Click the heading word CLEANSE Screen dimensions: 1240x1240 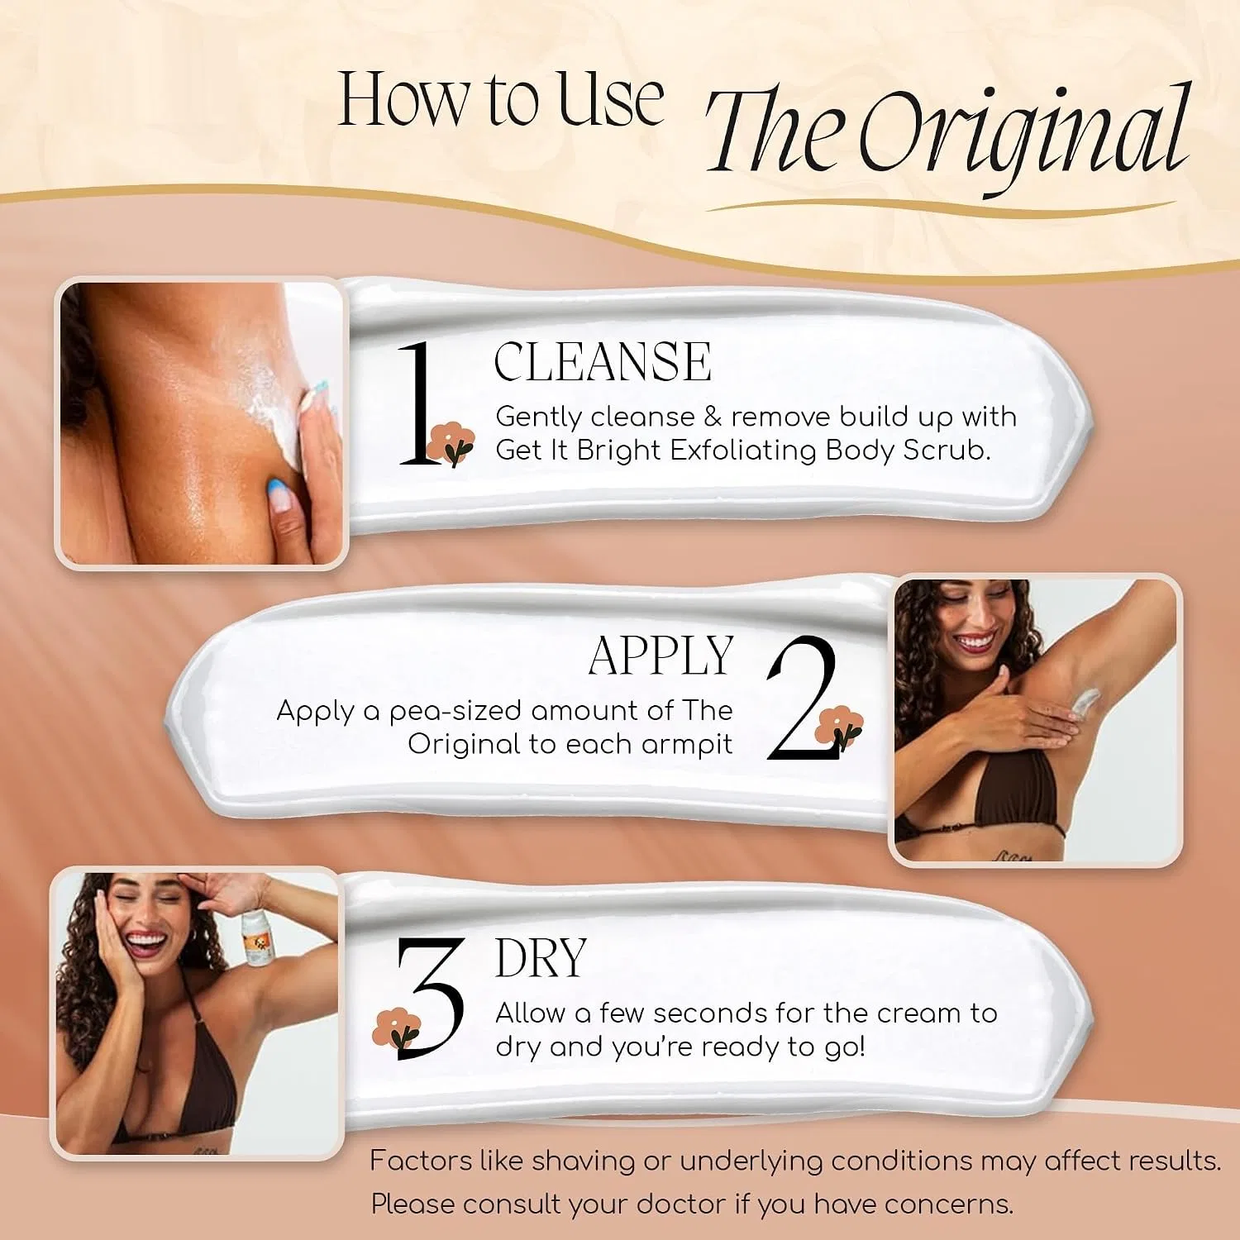pos(603,362)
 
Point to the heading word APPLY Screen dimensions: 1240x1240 pos(661,656)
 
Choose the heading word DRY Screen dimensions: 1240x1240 pos(541,958)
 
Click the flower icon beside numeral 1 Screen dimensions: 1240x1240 pos(451,444)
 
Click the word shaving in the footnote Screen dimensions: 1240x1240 pos(583,1161)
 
